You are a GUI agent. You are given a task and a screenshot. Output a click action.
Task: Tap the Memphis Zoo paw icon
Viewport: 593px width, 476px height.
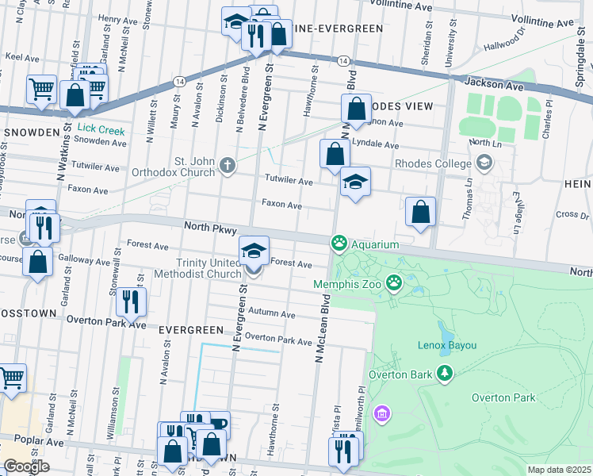pos(394,282)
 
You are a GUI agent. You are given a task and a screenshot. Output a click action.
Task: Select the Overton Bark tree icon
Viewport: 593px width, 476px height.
pos(445,373)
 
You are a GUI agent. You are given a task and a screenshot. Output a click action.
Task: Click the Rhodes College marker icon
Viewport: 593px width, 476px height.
pos(483,164)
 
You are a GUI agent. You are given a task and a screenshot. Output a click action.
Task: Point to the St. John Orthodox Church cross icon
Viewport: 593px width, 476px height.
pos(228,166)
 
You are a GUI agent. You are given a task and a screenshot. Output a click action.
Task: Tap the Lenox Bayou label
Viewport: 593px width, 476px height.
pos(446,345)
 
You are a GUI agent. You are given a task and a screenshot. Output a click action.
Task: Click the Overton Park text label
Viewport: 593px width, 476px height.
pos(503,397)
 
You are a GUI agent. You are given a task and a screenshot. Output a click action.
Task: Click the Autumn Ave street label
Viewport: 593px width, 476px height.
pos(271,314)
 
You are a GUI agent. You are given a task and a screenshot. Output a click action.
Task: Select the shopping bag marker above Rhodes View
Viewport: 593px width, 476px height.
pos(357,109)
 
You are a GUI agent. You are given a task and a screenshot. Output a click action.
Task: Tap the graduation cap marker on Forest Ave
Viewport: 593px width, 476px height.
pos(254,253)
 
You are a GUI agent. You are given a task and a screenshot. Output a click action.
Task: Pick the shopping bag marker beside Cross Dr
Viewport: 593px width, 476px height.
pos(420,212)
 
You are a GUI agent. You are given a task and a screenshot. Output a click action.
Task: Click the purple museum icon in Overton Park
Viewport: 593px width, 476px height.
pos(383,413)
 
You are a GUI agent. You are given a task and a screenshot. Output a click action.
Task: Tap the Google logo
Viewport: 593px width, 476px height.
pos(26,466)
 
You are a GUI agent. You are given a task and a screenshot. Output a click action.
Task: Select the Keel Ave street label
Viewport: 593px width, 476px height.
pos(22,58)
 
